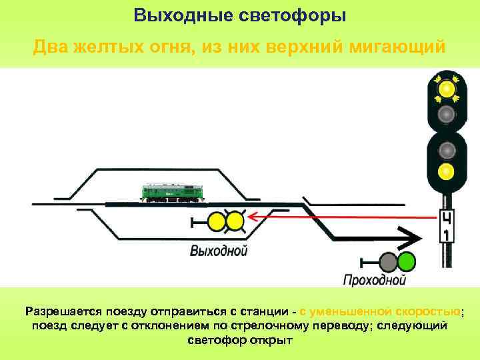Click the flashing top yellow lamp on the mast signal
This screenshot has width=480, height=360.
(x=447, y=88)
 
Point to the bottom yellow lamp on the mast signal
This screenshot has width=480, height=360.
(x=447, y=172)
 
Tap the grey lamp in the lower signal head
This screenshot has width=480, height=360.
(x=447, y=147)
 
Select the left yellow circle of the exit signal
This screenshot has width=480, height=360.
(x=217, y=221)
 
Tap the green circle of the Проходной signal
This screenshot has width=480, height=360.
(x=406, y=261)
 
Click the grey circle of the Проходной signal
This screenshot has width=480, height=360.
(x=389, y=261)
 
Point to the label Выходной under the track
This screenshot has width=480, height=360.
(x=218, y=251)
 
